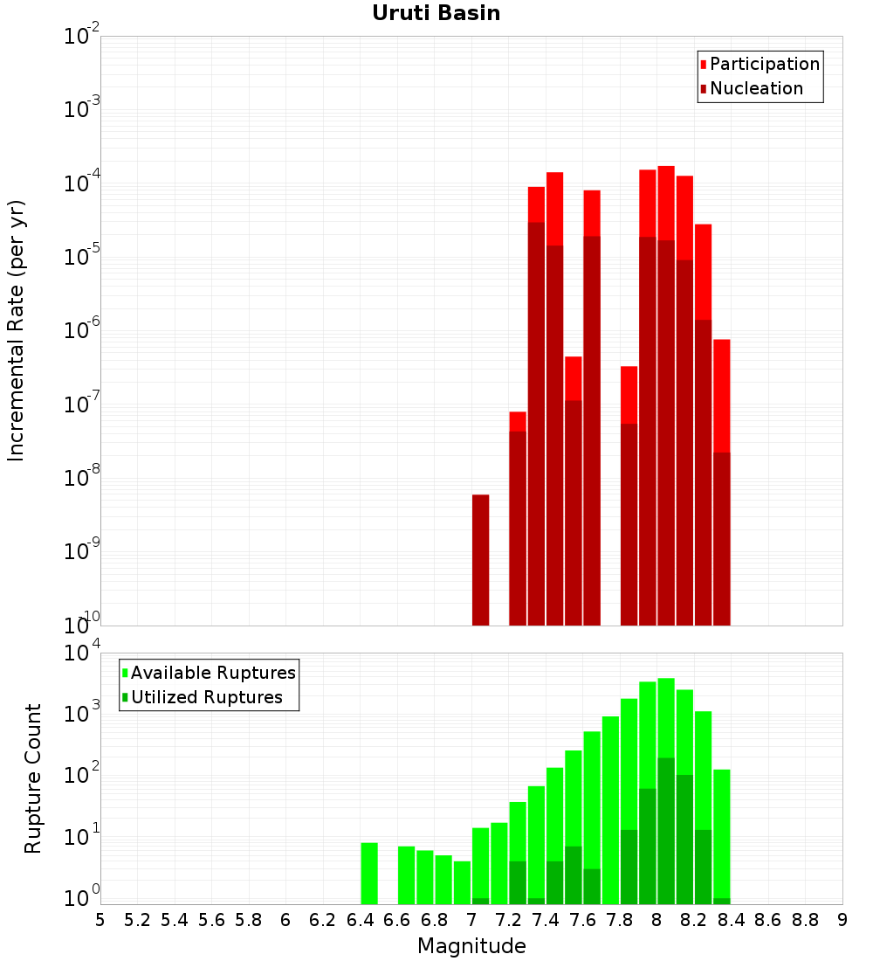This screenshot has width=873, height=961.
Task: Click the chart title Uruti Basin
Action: (x=436, y=13)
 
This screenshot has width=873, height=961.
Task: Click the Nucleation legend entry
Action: (x=755, y=88)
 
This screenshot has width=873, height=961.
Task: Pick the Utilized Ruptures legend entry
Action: (x=205, y=697)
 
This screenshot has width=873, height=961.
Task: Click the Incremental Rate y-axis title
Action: (x=17, y=330)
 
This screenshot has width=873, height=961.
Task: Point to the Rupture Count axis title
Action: (x=33, y=778)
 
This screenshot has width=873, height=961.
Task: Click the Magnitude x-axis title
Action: (x=471, y=946)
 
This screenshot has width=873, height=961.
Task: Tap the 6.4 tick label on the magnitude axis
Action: (x=360, y=920)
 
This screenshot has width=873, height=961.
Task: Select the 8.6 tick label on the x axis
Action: (x=768, y=920)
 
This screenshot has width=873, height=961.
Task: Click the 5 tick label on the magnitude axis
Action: (x=100, y=920)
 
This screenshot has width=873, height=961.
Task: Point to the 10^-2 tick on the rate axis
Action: (x=82, y=37)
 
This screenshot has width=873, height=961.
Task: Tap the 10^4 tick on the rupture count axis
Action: (x=82, y=653)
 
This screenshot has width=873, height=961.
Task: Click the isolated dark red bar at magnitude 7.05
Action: (x=480, y=559)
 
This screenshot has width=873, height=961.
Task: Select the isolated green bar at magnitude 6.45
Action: (x=369, y=874)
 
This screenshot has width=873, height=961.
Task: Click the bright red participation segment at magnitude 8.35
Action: (x=721, y=393)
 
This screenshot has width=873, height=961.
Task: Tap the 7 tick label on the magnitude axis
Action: (x=471, y=920)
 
